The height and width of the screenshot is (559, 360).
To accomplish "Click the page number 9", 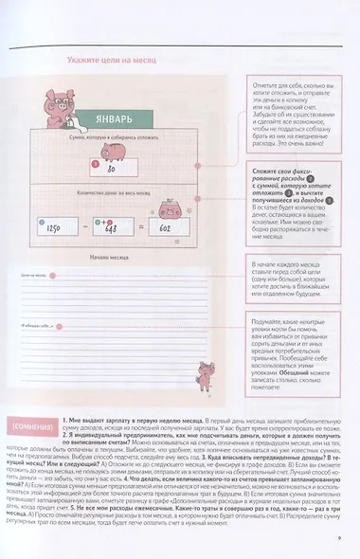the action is point(338,541).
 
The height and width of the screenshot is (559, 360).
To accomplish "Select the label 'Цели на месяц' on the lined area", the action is point(34,276).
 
